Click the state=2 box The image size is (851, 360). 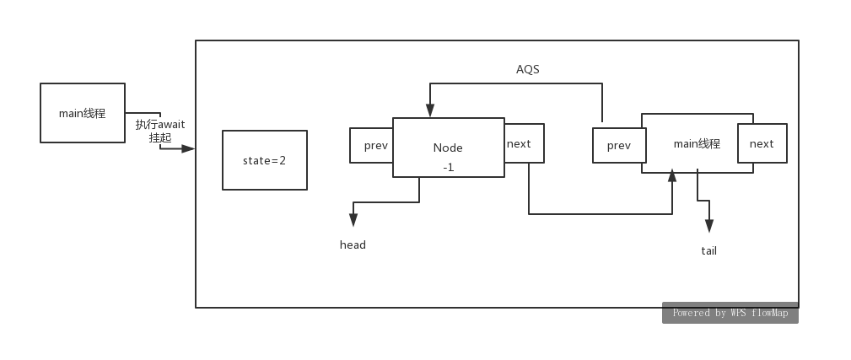tap(264, 160)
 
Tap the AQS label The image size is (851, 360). tap(527, 69)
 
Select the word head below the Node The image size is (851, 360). tap(353, 245)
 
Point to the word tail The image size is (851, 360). tap(708, 251)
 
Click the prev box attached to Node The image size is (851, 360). tap(372, 145)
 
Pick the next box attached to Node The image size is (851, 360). tap(524, 143)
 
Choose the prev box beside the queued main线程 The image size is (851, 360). tap(618, 145)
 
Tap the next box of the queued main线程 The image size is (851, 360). tap(762, 143)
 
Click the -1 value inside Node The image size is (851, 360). tap(448, 167)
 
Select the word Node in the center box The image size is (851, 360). tap(448, 148)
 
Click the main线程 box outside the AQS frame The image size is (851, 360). tap(83, 113)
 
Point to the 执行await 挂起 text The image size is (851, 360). tap(160, 131)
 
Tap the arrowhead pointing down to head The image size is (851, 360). tap(353, 220)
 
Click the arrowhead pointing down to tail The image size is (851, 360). tap(709, 226)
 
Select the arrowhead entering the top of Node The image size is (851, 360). tap(430, 110)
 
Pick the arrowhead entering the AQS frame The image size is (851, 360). tap(188, 148)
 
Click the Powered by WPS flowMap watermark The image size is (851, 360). tap(730, 313)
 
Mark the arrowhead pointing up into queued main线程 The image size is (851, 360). tap(672, 175)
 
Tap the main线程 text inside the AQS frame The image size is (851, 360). tap(697, 144)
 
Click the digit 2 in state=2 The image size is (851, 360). tap(283, 160)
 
